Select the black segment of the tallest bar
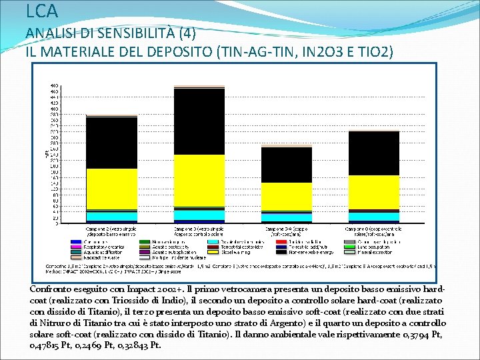coord(199,121)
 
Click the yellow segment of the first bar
coord(111,189)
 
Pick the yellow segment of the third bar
coord(286,196)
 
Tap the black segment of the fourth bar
coord(373,153)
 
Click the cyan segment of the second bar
coord(199,215)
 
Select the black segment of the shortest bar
coord(286,165)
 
